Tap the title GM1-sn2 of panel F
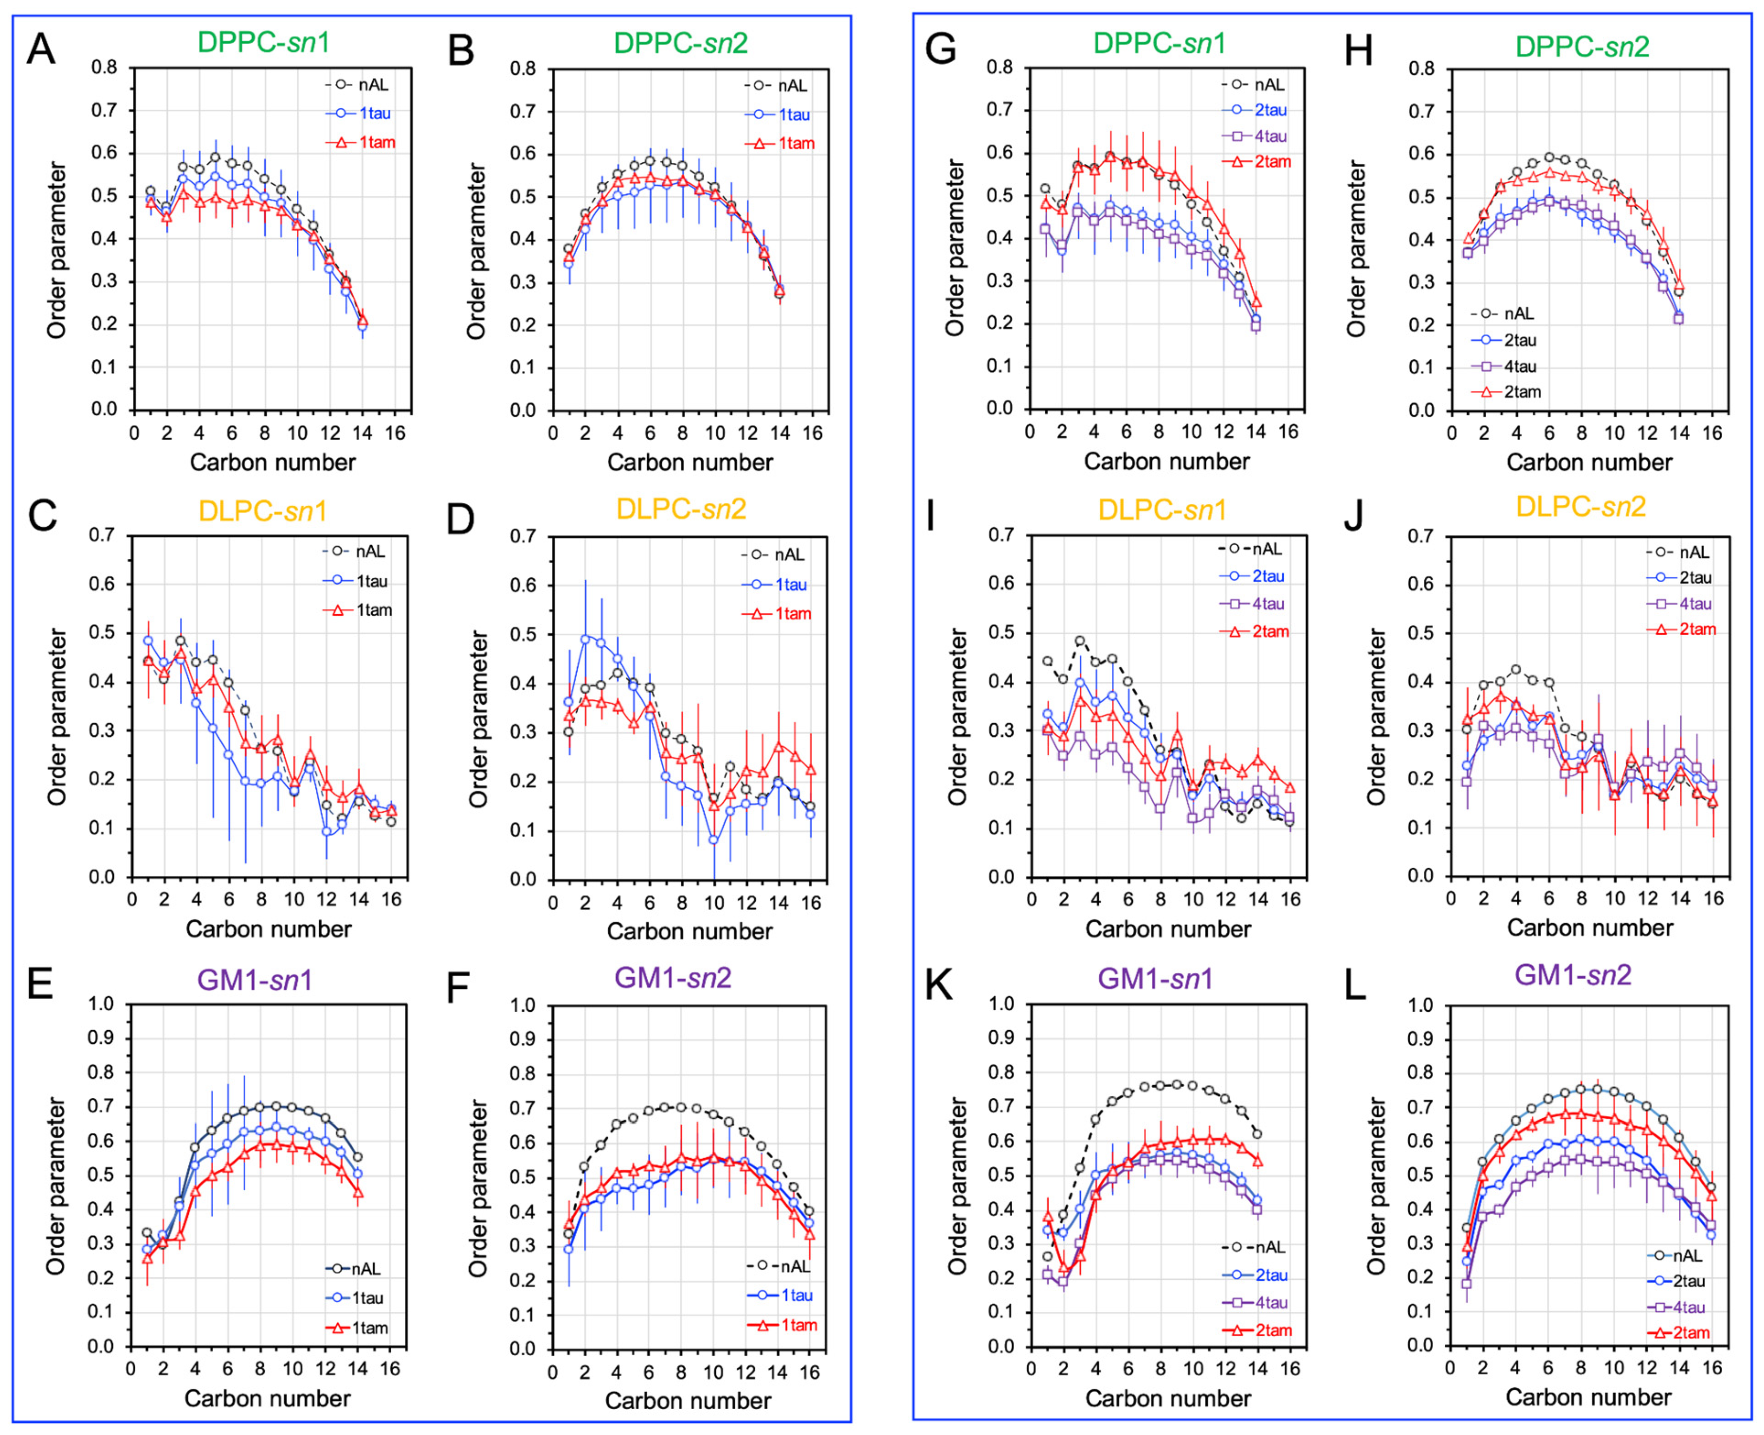point(673,978)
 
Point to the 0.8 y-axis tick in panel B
point(522,69)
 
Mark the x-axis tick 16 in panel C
point(391,899)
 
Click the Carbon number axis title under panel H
point(1589,462)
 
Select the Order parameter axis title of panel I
point(957,717)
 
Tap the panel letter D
point(460,519)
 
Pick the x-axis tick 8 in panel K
point(1160,1370)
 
